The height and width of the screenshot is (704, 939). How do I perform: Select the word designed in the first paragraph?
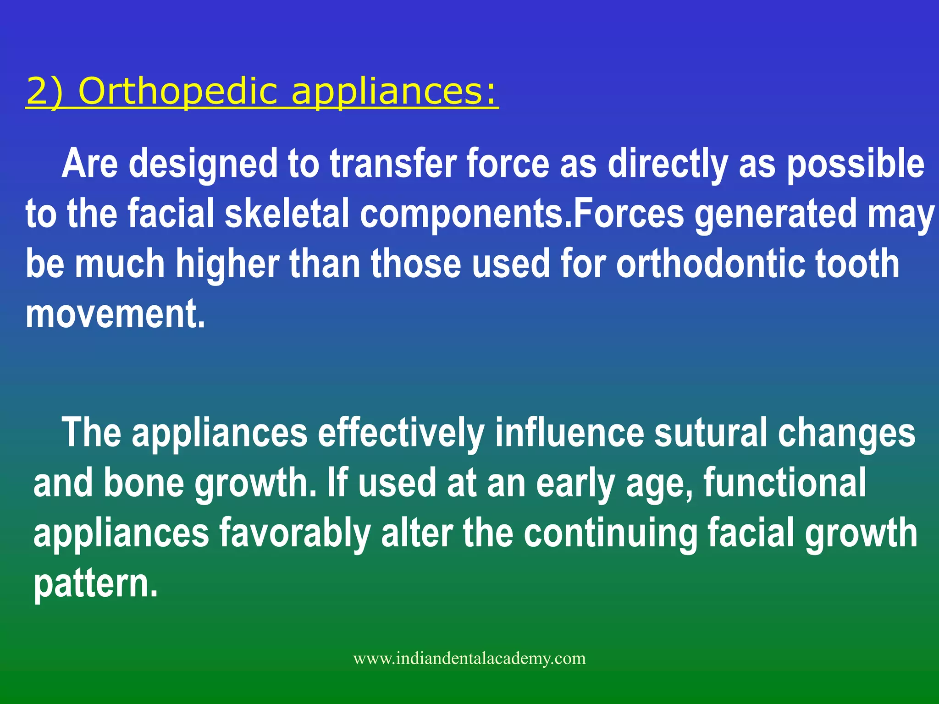point(203,164)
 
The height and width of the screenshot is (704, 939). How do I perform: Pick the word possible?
point(856,164)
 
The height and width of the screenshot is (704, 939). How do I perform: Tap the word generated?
point(775,214)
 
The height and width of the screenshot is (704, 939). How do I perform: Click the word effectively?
point(401,433)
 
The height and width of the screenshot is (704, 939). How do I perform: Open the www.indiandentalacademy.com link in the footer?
point(469,659)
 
